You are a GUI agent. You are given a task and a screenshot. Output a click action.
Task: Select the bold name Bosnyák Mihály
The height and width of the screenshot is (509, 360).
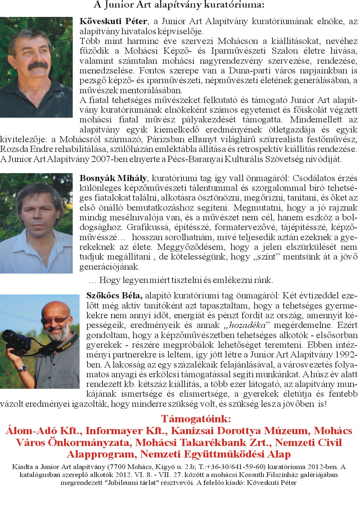113,178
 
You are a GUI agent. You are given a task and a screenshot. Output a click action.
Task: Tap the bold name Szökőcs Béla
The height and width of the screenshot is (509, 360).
114,296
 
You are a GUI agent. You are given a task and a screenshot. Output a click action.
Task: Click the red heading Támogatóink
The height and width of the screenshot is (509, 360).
196,419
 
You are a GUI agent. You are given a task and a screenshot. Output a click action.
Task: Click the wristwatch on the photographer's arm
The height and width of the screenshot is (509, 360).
23,369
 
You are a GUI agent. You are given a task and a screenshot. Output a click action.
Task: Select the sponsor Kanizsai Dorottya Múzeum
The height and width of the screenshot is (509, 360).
240,431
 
